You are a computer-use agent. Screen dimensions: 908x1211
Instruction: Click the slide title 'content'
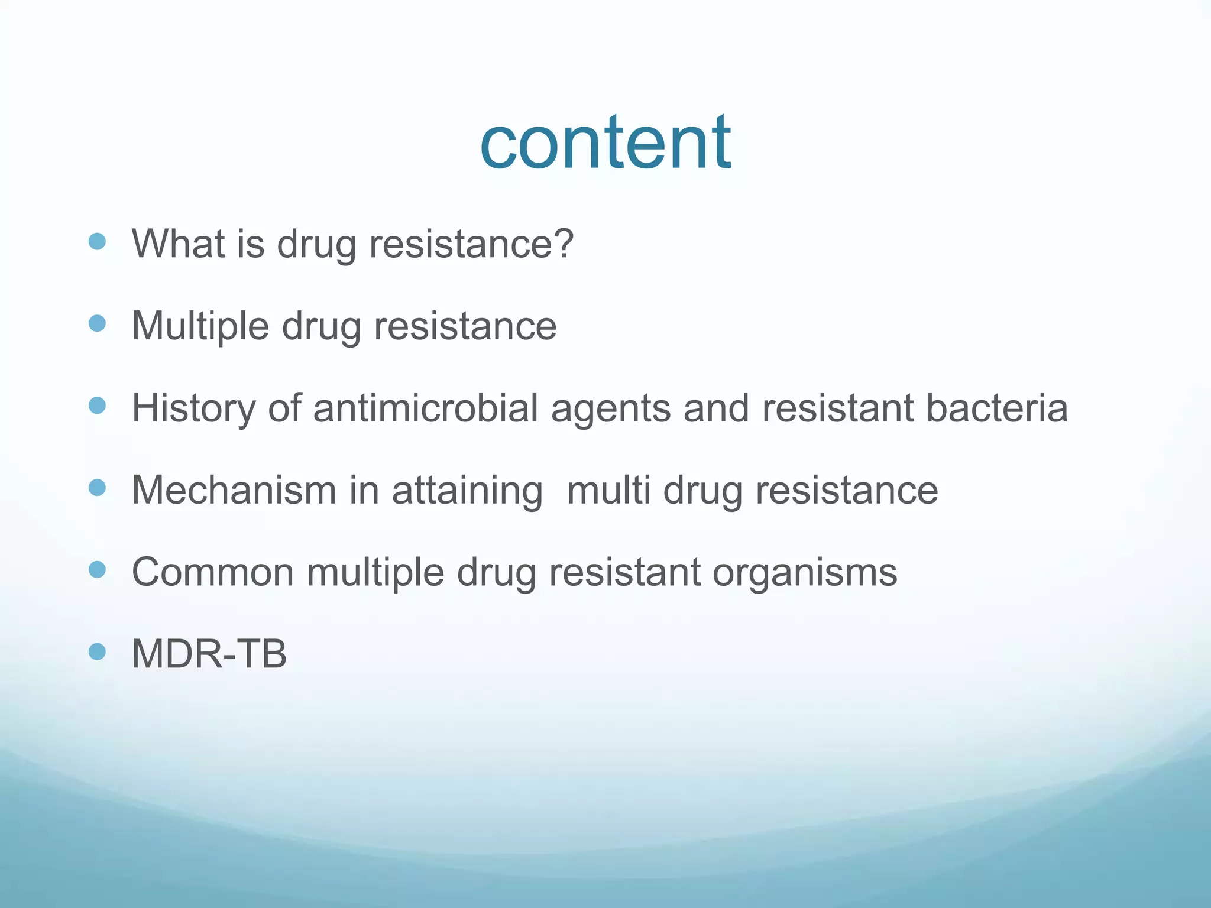(605, 143)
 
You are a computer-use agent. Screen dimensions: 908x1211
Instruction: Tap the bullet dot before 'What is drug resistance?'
(97, 241)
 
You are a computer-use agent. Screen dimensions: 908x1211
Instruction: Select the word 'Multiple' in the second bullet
(200, 326)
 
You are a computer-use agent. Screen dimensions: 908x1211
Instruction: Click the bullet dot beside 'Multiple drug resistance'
(97, 323)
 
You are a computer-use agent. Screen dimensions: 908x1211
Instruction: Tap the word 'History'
(193, 408)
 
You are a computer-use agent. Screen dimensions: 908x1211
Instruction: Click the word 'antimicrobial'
(425, 408)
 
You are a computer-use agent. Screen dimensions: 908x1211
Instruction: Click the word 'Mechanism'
(234, 490)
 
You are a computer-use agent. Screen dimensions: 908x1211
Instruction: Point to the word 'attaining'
(467, 491)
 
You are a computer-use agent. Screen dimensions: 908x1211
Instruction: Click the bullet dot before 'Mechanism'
(97, 488)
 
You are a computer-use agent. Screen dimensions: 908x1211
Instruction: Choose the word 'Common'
(212, 572)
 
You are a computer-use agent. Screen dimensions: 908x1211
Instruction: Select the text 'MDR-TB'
(209, 654)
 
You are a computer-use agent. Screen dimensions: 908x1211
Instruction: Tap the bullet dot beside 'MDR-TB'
(97, 651)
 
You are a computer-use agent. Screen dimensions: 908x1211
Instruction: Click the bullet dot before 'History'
(97, 406)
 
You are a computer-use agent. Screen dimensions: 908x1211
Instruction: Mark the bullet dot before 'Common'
(97, 570)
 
